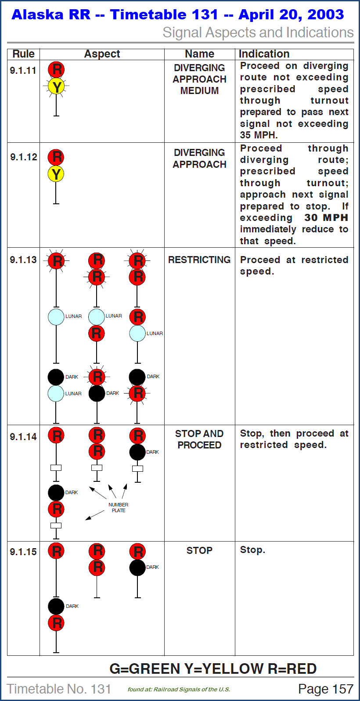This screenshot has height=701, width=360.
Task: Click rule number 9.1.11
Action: click(x=23, y=70)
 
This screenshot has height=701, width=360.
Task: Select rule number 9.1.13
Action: click(x=23, y=260)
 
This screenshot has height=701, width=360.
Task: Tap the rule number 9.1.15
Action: click(x=23, y=552)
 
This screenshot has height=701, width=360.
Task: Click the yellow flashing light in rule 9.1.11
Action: click(x=57, y=87)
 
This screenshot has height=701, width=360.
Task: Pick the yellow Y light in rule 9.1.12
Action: click(x=56, y=174)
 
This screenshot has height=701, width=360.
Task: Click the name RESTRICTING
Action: click(x=199, y=260)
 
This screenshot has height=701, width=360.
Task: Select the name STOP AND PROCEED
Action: click(x=199, y=439)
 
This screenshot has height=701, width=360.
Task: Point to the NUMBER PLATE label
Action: click(x=118, y=507)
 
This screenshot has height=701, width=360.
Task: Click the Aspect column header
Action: click(x=102, y=54)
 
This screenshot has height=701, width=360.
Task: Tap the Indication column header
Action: click(x=264, y=54)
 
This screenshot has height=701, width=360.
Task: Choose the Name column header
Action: click(x=199, y=54)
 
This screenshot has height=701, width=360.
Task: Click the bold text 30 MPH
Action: click(x=326, y=217)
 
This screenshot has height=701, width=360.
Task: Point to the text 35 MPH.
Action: click(x=259, y=135)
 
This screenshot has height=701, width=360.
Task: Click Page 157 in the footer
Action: click(x=325, y=689)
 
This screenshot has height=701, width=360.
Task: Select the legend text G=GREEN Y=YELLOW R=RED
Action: click(x=213, y=668)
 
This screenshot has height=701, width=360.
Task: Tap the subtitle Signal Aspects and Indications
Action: click(x=258, y=33)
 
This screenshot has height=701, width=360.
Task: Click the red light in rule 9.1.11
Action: click(x=57, y=69)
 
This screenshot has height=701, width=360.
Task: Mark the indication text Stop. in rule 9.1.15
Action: click(x=252, y=550)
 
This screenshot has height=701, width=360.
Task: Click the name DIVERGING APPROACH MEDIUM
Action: click(x=199, y=79)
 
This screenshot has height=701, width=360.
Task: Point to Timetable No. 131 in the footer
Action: click(x=59, y=689)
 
